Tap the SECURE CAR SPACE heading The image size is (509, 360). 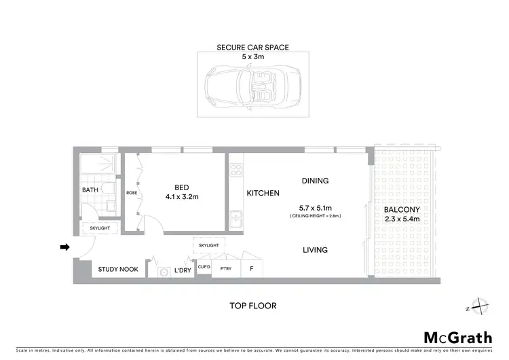pyautogui.click(x=252, y=48)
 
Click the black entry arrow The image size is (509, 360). pyautogui.click(x=64, y=247)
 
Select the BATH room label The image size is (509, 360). pyautogui.click(x=90, y=191)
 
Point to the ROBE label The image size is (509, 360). pyautogui.click(x=132, y=193)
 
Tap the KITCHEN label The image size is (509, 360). pyautogui.click(x=263, y=194)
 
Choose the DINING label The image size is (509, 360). pyautogui.click(x=315, y=181)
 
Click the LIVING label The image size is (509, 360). pyautogui.click(x=315, y=250)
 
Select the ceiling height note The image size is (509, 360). pyautogui.click(x=314, y=215)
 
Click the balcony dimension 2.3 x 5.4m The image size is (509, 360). pyautogui.click(x=402, y=219)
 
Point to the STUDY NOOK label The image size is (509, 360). pyautogui.click(x=118, y=270)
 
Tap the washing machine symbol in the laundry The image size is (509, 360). pyautogui.click(x=163, y=272)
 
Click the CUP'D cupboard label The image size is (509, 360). pyautogui.click(x=204, y=268)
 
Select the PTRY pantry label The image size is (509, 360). pyautogui.click(x=225, y=270)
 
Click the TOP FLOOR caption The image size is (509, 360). pyautogui.click(x=252, y=306)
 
